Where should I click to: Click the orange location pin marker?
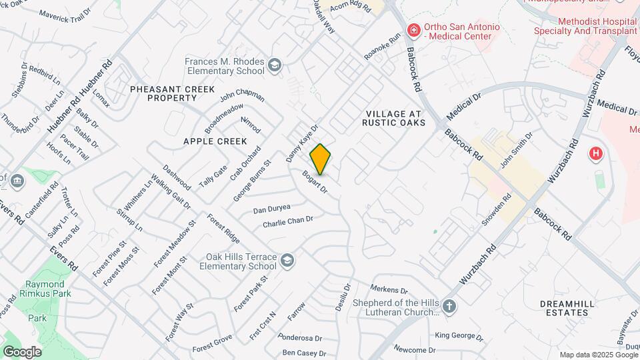coord(321,159)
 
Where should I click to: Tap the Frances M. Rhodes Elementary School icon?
coord(275,65)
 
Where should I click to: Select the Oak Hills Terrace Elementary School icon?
coord(287,260)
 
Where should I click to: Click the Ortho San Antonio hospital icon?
coord(414,30)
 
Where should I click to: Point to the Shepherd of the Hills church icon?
coord(450,307)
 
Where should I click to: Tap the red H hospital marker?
coord(596,154)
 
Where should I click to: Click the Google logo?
coord(22,351)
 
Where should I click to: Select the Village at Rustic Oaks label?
coord(393,117)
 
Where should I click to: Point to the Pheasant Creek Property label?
coord(163,93)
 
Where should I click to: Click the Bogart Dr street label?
coord(315,183)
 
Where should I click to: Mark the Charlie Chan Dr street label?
coord(287,221)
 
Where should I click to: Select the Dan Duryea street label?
coord(272,209)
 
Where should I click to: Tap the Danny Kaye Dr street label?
coord(302,143)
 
